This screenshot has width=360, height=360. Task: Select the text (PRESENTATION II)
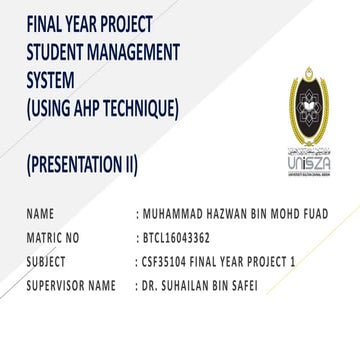(83, 163)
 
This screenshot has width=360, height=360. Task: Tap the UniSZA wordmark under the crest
(307, 162)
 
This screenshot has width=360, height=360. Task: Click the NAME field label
(41, 214)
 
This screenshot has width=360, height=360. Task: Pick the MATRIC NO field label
(53, 239)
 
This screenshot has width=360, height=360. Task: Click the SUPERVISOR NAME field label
(72, 287)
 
